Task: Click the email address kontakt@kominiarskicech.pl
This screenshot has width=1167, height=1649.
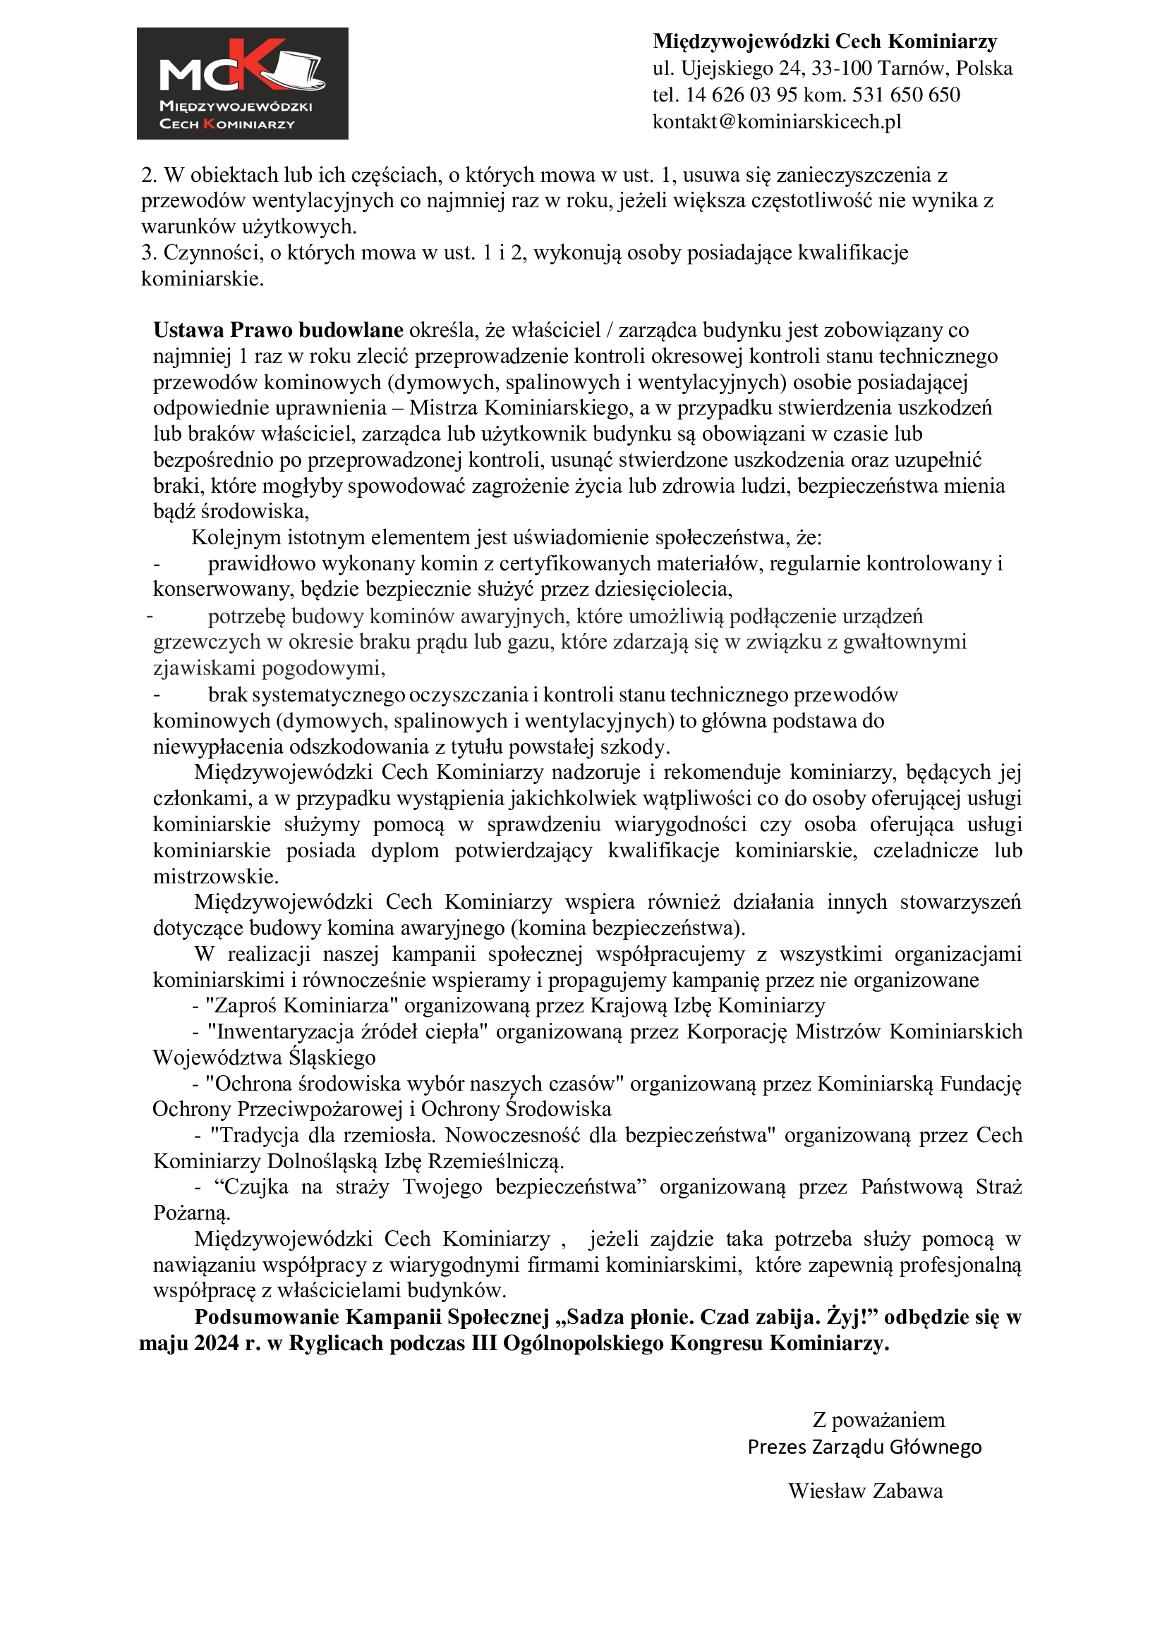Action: (777, 121)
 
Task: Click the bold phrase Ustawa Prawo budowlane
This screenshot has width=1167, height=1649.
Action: (278, 330)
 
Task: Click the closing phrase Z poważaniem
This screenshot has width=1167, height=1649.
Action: (878, 1420)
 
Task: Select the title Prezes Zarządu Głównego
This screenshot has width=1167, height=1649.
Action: (864, 1447)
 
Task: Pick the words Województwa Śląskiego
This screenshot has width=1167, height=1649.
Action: (264, 1058)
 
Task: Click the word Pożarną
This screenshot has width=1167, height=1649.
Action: (191, 1213)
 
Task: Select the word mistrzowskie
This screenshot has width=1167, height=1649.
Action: (216, 876)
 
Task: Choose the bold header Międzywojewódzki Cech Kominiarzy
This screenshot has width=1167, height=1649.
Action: (825, 42)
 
